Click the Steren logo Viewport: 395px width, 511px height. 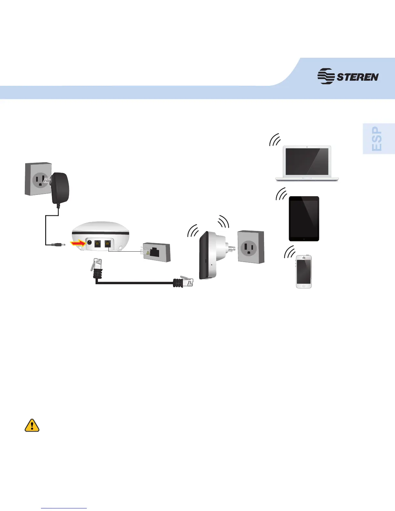348,76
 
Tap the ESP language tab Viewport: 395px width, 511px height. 377,139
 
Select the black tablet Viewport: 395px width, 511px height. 304,218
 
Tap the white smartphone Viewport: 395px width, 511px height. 304,271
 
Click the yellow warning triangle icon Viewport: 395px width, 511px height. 32,426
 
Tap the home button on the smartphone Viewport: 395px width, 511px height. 304,286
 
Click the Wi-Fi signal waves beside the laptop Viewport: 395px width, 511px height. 275,140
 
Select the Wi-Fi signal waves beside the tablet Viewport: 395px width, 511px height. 282,194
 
